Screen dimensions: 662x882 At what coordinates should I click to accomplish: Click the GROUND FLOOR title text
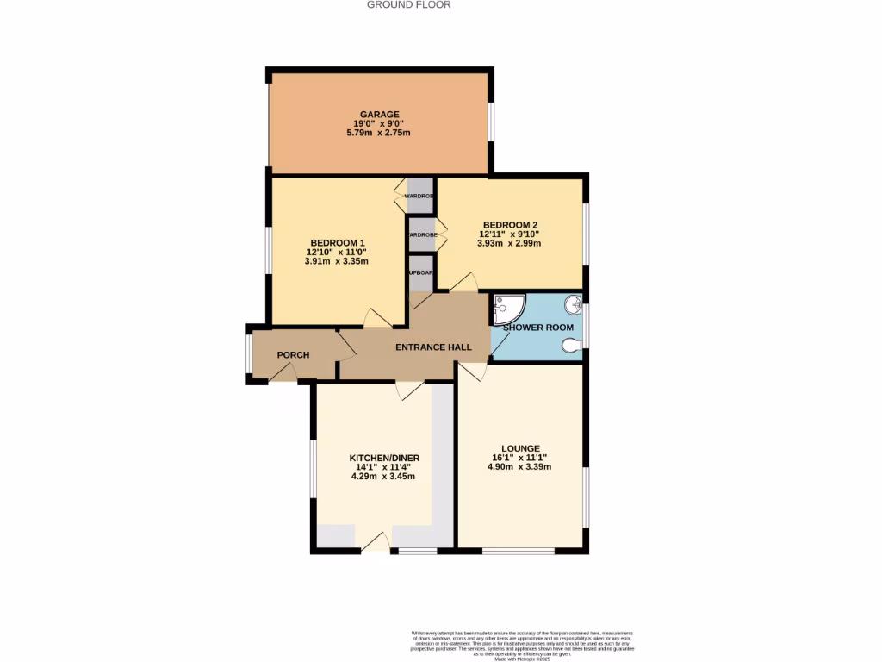click(408, 4)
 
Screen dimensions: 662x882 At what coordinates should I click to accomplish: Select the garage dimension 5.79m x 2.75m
click(379, 133)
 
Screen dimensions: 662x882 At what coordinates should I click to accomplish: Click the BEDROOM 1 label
click(338, 242)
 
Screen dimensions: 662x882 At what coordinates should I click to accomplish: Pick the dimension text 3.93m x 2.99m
click(510, 243)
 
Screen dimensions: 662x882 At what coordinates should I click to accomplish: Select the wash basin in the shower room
click(572, 304)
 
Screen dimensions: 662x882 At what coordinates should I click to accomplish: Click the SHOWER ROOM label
click(537, 328)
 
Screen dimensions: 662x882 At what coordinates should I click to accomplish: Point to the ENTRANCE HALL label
click(433, 347)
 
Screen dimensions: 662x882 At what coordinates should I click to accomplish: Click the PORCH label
click(293, 355)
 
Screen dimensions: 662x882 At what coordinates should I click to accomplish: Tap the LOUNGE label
click(522, 448)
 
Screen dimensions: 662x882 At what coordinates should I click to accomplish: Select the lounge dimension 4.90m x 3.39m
click(522, 467)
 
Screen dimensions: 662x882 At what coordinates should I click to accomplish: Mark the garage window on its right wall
click(491, 121)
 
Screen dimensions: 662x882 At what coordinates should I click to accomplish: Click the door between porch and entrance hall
click(345, 347)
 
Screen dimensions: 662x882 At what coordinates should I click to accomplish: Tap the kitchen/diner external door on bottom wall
click(376, 543)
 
